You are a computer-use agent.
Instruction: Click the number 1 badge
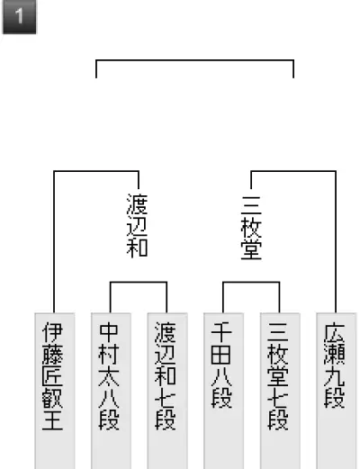point(20,16)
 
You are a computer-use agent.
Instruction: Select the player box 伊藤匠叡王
point(55,391)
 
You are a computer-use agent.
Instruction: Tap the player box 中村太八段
point(111,391)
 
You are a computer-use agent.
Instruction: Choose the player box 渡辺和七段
point(167,391)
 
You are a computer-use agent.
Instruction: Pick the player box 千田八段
point(223,391)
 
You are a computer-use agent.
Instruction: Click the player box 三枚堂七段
point(280,391)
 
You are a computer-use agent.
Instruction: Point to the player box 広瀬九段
point(337,391)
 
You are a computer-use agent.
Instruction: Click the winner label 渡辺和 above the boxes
point(138,225)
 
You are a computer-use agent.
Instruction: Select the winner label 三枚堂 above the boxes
point(251,228)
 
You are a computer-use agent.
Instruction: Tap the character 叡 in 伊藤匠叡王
point(52,397)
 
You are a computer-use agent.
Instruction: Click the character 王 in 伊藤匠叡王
point(52,419)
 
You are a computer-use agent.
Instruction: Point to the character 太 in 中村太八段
point(109,375)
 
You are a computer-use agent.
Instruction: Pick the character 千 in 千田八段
point(221,332)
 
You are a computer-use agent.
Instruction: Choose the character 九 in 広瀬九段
point(335,375)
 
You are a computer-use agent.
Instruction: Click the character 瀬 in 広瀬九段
point(335,354)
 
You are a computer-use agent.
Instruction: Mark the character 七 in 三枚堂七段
point(278,397)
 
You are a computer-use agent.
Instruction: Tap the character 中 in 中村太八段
point(109,332)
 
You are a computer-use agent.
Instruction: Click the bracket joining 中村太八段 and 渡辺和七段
point(139,282)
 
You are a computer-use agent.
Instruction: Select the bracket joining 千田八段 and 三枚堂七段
point(251,282)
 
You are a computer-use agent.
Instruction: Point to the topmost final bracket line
point(194,60)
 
